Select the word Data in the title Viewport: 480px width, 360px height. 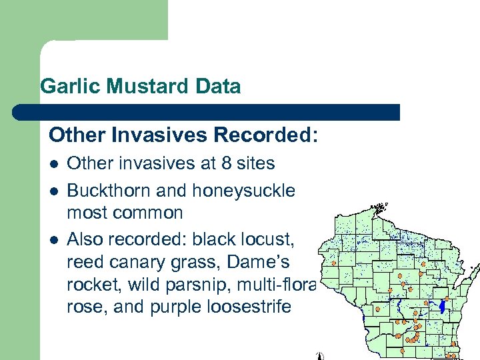coord(218,87)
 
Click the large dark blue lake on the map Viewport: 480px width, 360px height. coord(442,307)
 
